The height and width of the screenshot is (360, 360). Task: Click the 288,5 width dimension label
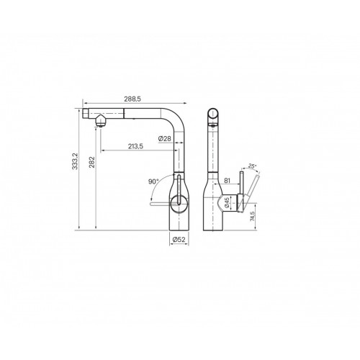[x=132, y=99]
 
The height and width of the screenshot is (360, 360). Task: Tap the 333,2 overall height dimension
[x=75, y=161]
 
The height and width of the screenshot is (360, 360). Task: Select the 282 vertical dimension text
[x=92, y=162]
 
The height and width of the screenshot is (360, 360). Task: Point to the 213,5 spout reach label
[x=135, y=146]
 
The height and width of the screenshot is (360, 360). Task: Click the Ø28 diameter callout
[x=165, y=138]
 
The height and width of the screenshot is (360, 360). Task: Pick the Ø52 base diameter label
[x=179, y=239]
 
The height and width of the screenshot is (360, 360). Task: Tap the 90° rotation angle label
[x=153, y=181]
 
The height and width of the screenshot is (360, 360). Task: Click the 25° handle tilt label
[x=252, y=166]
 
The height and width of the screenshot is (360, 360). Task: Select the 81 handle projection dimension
[x=227, y=181]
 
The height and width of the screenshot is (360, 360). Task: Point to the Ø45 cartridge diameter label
[x=227, y=203]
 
